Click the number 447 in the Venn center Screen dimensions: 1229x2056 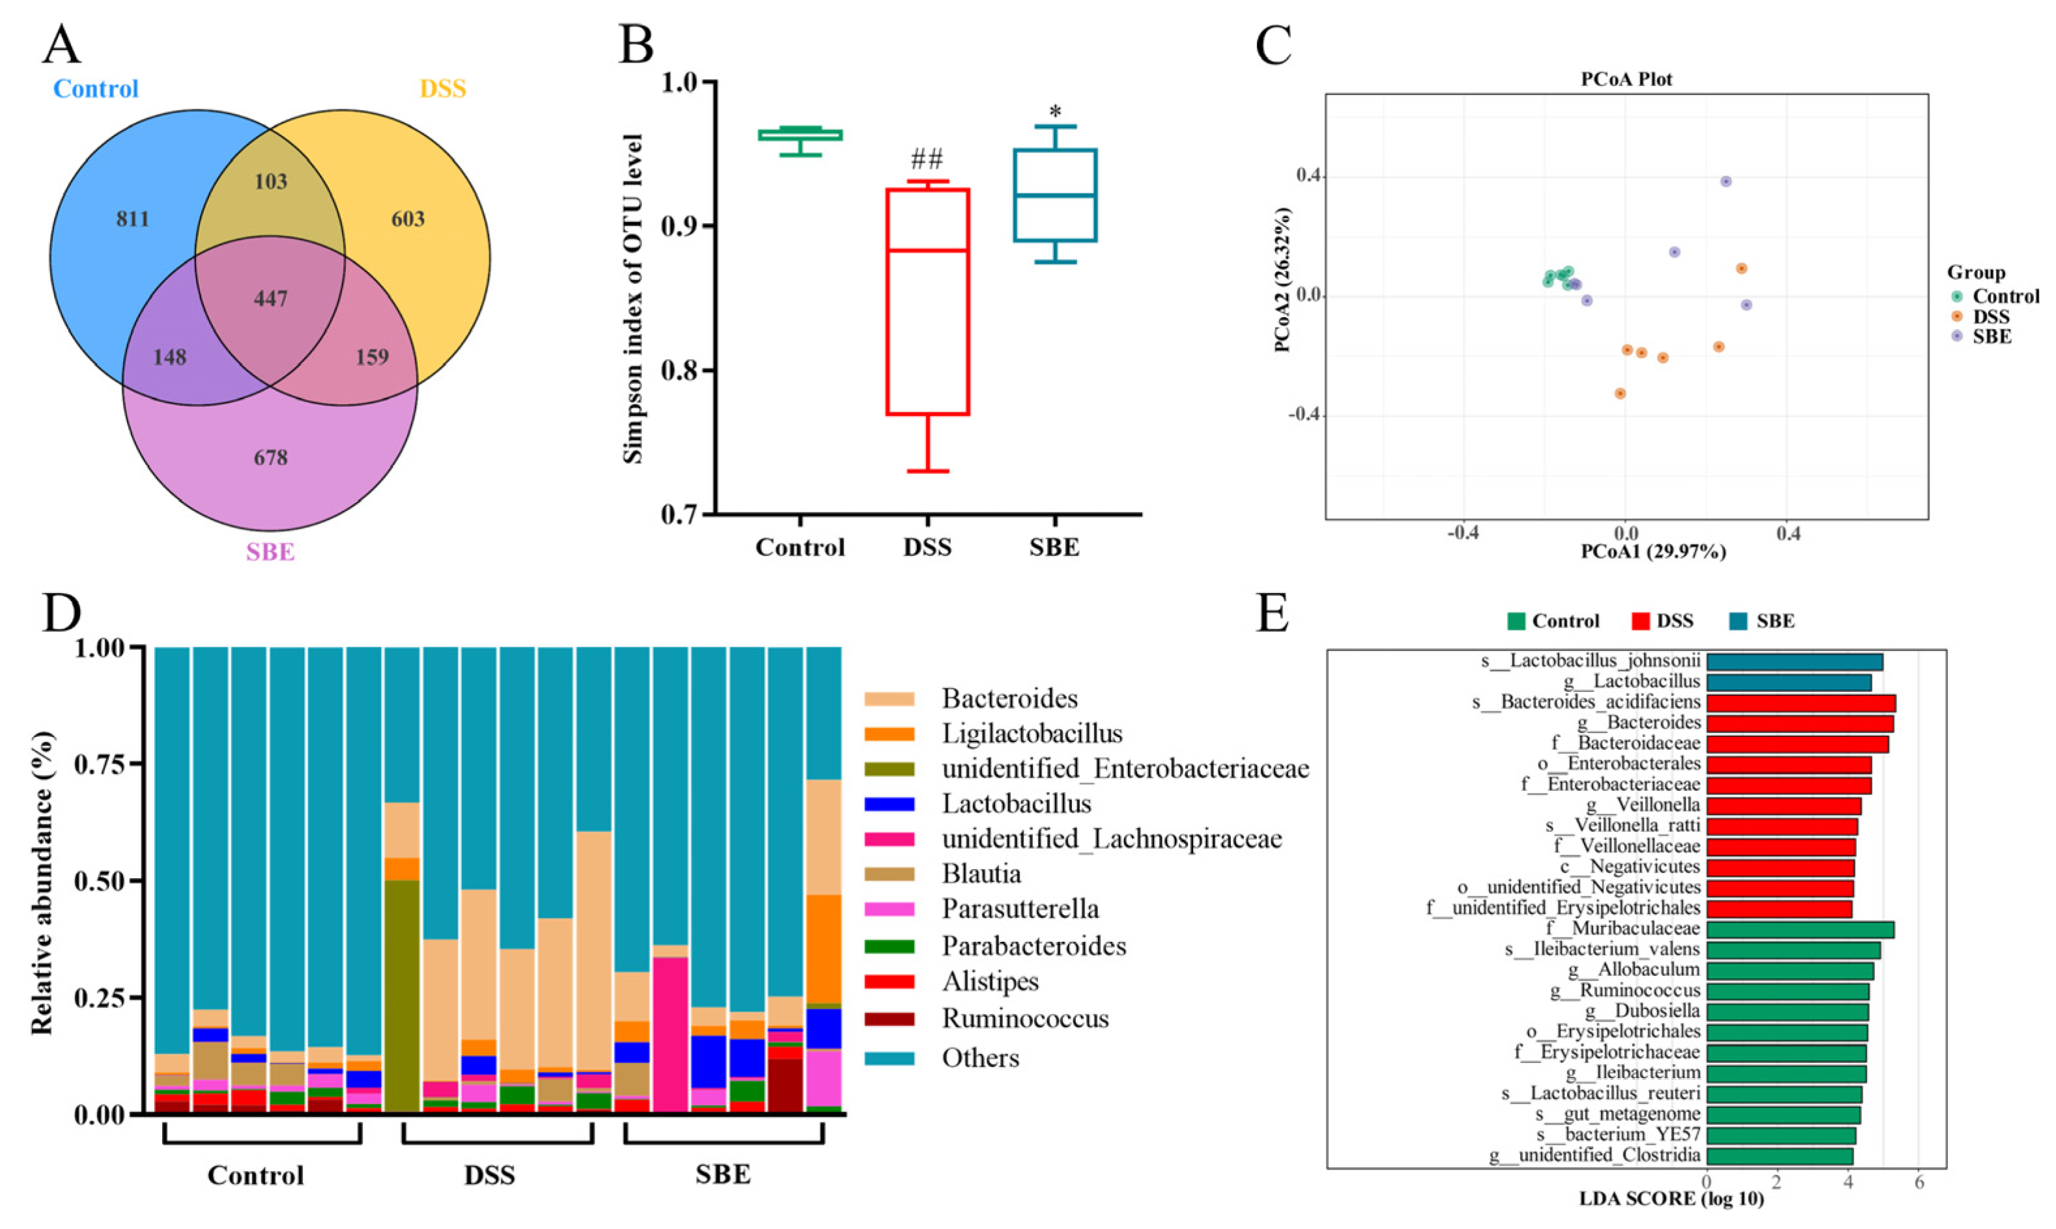271,298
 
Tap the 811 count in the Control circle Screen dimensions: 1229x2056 133,219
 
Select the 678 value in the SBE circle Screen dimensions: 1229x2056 271,457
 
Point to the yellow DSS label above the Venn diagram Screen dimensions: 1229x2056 442,89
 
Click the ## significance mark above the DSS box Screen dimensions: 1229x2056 927,158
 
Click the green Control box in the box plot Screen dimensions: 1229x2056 800,135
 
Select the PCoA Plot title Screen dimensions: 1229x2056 1626,79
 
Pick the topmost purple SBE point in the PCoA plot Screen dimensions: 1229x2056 1725,182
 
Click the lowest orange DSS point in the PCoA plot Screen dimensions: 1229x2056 1620,393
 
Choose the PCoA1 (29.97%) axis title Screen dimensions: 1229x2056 1654,551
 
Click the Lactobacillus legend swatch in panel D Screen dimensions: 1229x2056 889,804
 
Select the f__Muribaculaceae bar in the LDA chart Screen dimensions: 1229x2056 1799,929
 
